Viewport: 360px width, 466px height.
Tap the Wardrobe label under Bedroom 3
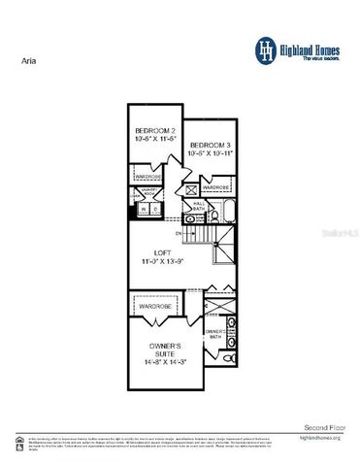[x=216, y=186]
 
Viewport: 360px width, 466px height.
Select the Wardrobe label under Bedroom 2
[x=147, y=176]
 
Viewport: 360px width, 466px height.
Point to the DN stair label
[x=179, y=233]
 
